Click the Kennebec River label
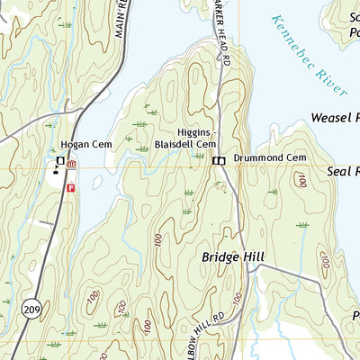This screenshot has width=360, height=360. [305, 54]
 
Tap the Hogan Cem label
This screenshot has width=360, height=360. [79, 144]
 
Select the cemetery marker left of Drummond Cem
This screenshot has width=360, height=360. [219, 160]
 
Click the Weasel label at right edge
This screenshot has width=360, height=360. [334, 118]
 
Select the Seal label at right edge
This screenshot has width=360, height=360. [343, 170]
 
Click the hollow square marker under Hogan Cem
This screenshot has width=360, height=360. [60, 161]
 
